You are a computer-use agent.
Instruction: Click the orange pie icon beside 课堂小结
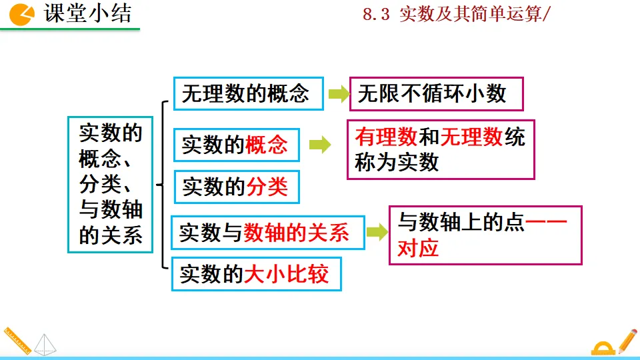pyautogui.click(x=23, y=14)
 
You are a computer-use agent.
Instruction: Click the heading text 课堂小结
pyautogui.click(x=87, y=13)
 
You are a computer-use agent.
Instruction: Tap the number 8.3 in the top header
pyautogui.click(x=375, y=15)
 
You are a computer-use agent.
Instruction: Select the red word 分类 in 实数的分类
pyautogui.click(x=267, y=187)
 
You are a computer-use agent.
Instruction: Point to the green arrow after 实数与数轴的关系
pyautogui.click(x=377, y=232)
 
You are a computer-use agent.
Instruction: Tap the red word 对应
pyautogui.click(x=417, y=248)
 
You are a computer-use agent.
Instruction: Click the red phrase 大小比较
pyautogui.click(x=287, y=273)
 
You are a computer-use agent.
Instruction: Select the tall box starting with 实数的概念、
pyautogui.click(x=110, y=184)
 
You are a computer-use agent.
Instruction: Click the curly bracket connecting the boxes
pyautogui.click(x=162, y=183)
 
